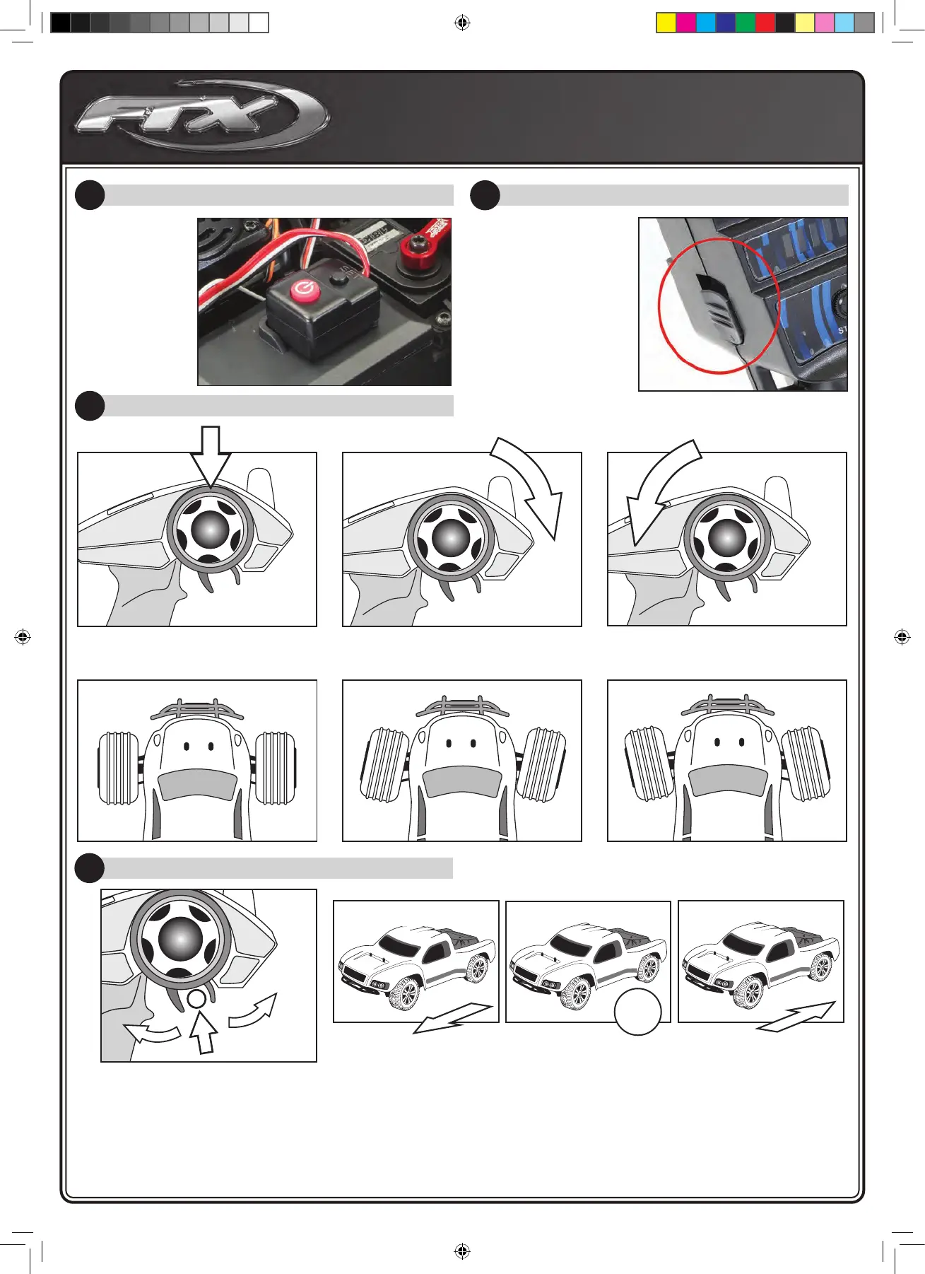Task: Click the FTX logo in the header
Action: (x=201, y=115)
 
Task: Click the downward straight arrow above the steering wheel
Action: (x=211, y=455)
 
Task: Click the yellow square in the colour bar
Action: (x=666, y=23)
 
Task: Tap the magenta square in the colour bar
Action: (x=686, y=23)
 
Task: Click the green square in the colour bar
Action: (x=746, y=23)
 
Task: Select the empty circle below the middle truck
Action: (x=637, y=1012)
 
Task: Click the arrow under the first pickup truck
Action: (x=452, y=1018)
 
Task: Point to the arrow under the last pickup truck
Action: (x=796, y=1017)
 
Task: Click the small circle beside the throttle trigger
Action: (x=196, y=998)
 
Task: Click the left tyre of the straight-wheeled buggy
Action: (x=117, y=769)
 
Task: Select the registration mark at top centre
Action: (x=462, y=23)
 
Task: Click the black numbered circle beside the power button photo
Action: (x=90, y=195)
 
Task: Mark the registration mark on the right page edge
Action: (x=902, y=637)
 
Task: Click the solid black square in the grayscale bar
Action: (x=61, y=23)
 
